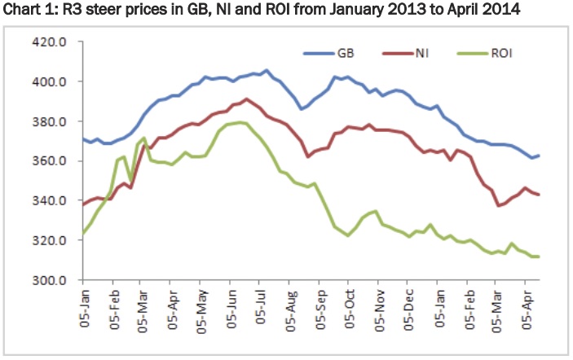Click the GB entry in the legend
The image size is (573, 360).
click(342, 55)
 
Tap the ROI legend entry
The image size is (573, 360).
click(502, 55)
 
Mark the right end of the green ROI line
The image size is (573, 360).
click(539, 257)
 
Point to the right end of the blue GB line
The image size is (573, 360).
click(539, 156)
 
